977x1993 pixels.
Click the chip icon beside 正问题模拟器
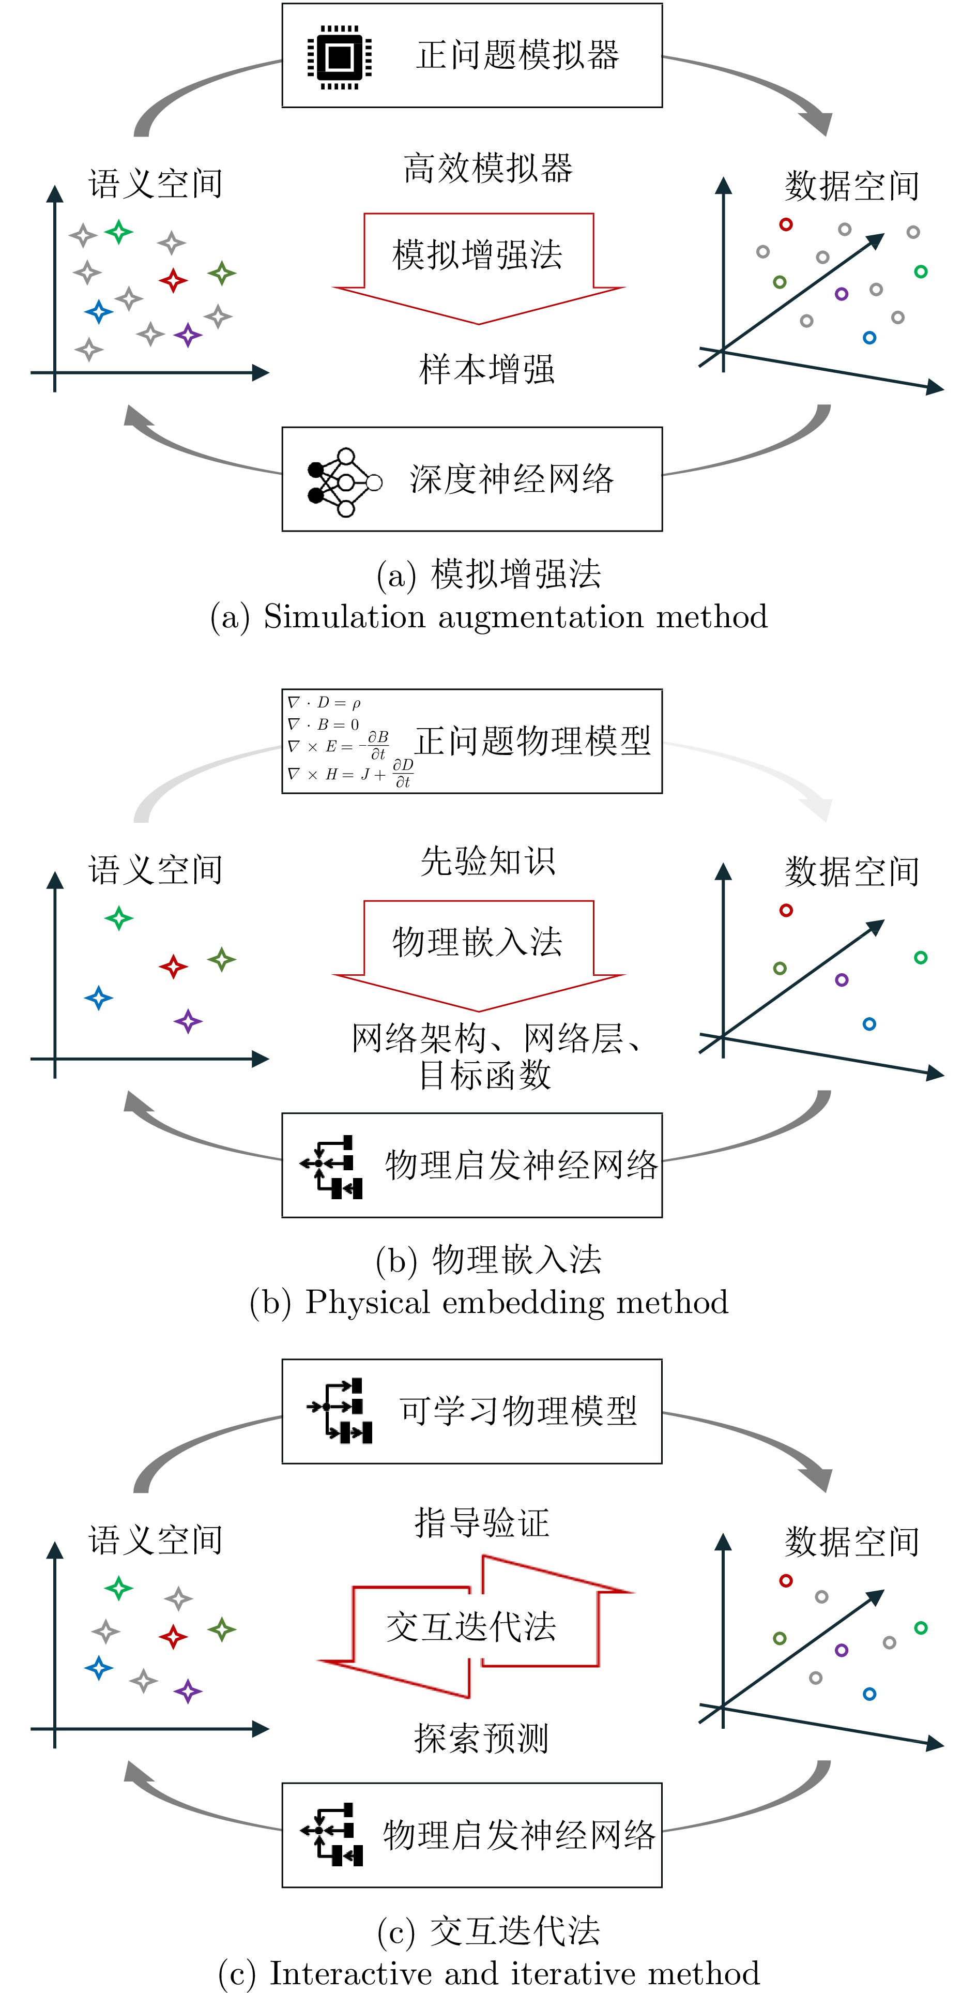(340, 56)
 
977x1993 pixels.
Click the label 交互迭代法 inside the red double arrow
(471, 1626)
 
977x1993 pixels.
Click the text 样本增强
(486, 369)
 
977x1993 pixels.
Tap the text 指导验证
(481, 1522)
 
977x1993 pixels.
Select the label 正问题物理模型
(533, 741)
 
